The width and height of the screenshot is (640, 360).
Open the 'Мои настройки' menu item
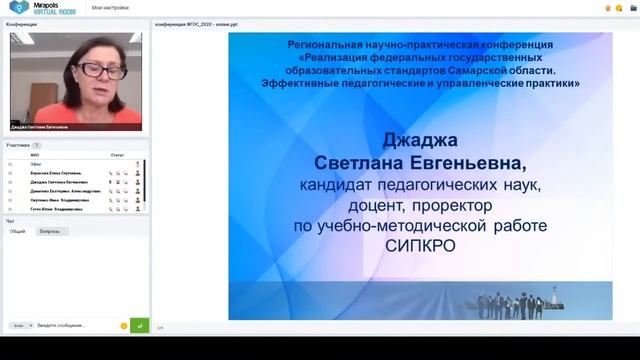(x=107, y=7)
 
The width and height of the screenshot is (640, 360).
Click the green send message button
(x=139, y=325)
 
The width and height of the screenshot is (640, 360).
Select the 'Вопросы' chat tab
(x=49, y=231)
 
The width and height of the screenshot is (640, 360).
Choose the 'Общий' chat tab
(x=18, y=231)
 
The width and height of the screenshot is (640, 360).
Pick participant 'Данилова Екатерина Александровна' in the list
(x=65, y=191)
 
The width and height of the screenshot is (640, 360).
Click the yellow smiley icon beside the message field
(x=123, y=325)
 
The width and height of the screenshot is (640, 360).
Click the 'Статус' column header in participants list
(x=117, y=156)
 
